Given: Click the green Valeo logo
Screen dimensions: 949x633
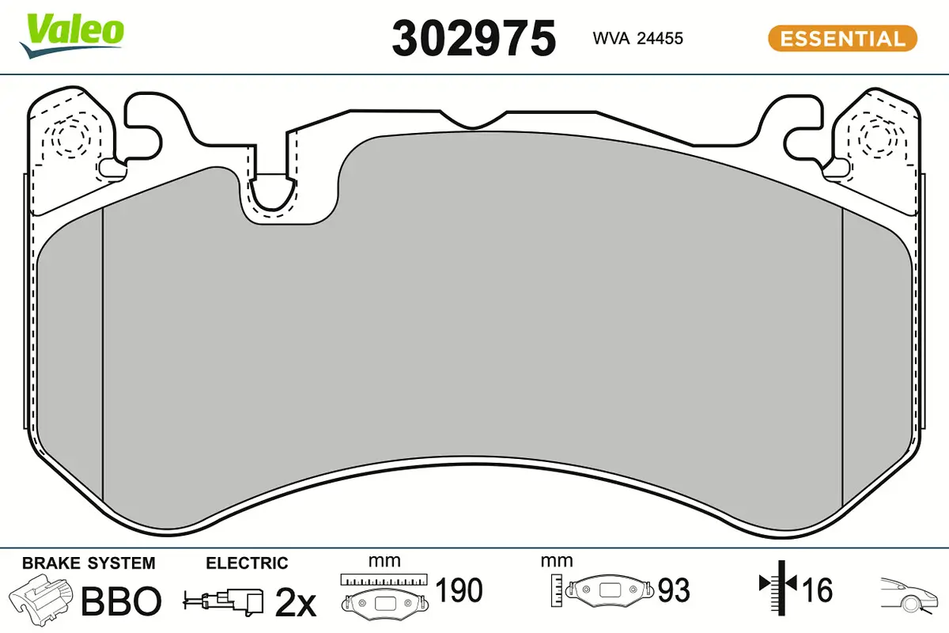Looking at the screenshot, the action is point(72,36).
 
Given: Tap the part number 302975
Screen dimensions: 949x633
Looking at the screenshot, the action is point(474,39).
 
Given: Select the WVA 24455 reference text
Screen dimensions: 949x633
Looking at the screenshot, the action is point(637,39).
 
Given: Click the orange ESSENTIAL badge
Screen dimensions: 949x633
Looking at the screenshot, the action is point(842,39).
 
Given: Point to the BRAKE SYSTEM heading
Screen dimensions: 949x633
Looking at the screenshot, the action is point(89,563).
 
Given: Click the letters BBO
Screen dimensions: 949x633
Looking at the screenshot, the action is point(121,601).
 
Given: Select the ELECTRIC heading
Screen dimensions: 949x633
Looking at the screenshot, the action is point(247,563).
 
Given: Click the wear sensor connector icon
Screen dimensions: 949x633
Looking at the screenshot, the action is point(223,601).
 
